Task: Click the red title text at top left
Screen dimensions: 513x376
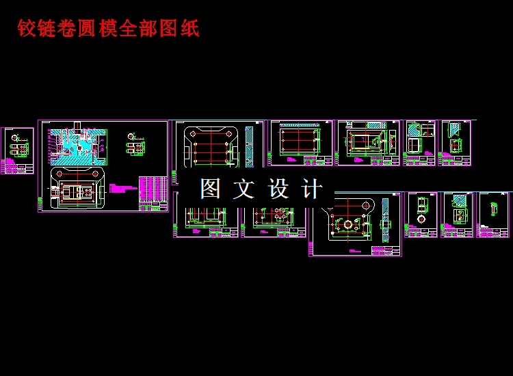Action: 108,29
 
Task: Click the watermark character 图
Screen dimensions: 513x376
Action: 211,189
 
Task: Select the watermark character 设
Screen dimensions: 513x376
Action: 279,189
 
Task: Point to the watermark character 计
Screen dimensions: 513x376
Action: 312,189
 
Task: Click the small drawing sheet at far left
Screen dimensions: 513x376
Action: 17,150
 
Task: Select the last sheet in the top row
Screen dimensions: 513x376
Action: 456,143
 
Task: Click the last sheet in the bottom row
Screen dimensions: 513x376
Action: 493,215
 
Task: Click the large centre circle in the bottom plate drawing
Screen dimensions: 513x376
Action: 350,224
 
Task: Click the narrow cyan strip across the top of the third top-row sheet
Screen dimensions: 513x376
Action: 300,126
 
